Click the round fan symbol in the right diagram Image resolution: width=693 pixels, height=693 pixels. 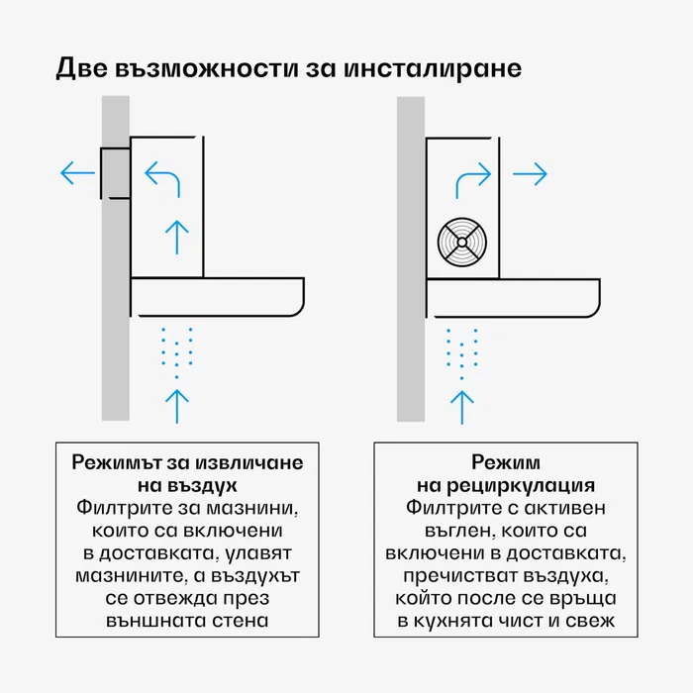[462, 241]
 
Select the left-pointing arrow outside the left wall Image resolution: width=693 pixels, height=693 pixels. [77, 174]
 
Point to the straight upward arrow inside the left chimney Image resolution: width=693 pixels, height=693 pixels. [176, 236]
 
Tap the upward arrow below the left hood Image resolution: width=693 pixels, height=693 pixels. [176, 406]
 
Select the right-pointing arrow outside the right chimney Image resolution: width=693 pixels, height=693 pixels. [531, 174]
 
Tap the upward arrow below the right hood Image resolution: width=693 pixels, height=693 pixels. [461, 406]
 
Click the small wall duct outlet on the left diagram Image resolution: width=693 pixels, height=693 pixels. [115, 174]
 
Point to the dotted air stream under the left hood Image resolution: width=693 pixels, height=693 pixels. [176, 351]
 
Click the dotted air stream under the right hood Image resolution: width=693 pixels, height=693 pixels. [461, 351]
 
